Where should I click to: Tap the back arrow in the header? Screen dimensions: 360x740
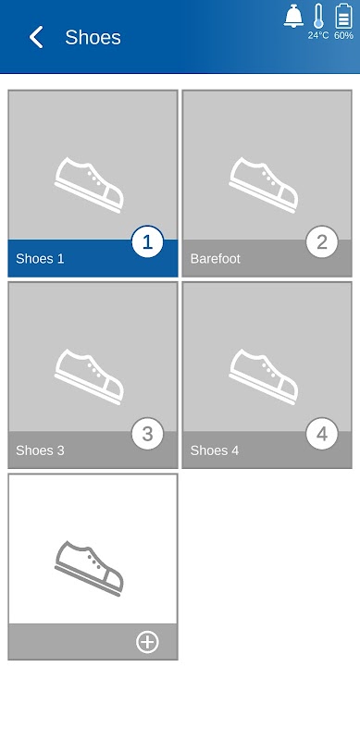click(x=36, y=37)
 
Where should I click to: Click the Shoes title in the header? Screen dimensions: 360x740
click(x=93, y=37)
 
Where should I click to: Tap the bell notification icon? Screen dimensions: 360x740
click(x=293, y=16)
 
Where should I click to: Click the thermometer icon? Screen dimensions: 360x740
click(x=318, y=16)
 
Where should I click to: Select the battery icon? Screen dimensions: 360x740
click(x=343, y=16)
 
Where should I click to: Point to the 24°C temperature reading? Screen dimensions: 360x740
click(x=318, y=35)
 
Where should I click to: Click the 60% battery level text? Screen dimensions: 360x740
click(x=343, y=35)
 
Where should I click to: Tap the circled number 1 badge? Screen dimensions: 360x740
click(x=147, y=242)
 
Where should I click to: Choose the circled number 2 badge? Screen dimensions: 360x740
click(x=322, y=242)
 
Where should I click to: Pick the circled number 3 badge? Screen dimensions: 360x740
click(x=147, y=434)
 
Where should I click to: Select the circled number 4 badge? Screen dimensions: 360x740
click(x=322, y=434)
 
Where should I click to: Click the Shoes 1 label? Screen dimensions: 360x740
click(x=40, y=259)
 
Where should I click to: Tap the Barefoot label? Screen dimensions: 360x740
click(x=216, y=259)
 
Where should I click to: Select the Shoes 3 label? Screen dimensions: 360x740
click(x=40, y=450)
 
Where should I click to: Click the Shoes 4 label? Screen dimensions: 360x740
click(x=215, y=450)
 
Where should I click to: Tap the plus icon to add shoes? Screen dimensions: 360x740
click(x=147, y=642)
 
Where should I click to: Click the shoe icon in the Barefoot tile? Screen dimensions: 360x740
click(x=264, y=185)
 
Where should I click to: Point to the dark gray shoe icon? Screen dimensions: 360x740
click(x=89, y=568)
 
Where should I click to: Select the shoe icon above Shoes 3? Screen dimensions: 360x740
click(x=89, y=376)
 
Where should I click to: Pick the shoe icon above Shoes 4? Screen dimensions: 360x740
click(x=264, y=376)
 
